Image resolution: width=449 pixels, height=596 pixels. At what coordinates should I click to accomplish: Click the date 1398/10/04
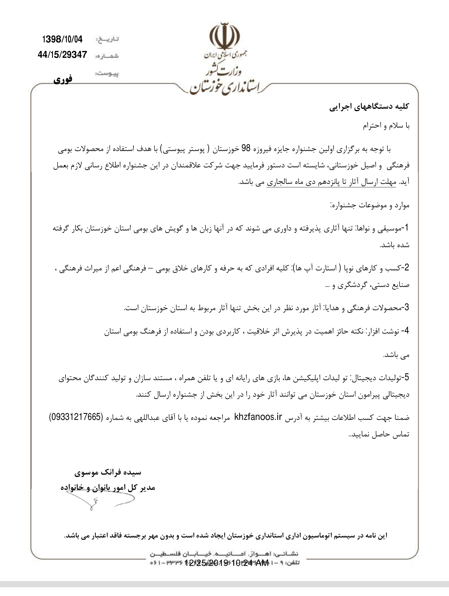pos(62,39)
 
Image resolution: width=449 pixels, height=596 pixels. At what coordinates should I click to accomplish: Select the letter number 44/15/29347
pos(62,55)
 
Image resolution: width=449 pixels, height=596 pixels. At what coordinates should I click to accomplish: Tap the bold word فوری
pos(63,79)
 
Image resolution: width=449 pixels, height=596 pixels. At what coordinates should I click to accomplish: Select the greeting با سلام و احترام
pos(386,126)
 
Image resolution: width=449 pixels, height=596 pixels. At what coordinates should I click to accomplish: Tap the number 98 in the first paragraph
pos(247,149)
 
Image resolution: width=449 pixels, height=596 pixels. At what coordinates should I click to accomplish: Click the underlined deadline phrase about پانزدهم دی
pos(331,182)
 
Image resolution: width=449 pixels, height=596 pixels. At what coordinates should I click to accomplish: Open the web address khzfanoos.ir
pos(258,417)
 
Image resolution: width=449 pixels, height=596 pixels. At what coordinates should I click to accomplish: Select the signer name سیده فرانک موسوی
pos(108,472)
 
